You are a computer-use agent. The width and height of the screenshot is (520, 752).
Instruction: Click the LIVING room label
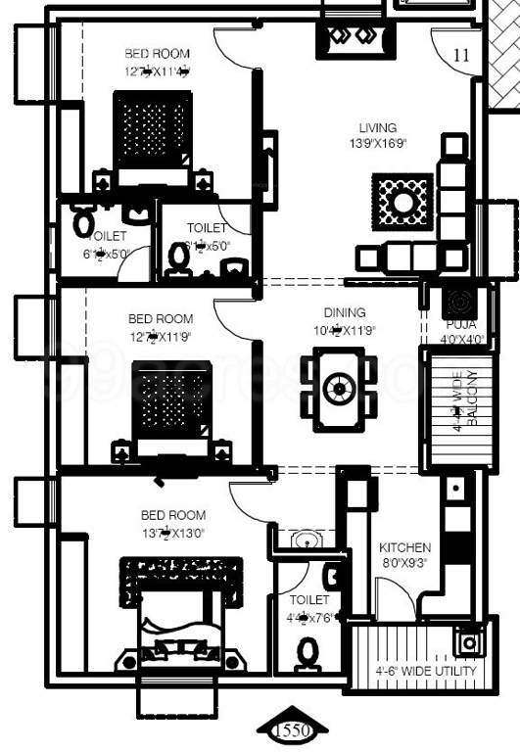(x=378, y=128)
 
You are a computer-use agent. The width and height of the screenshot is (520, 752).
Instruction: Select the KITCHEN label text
(x=405, y=547)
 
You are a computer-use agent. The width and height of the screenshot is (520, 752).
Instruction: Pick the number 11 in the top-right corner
(x=461, y=57)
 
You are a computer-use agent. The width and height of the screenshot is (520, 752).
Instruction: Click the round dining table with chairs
(x=339, y=388)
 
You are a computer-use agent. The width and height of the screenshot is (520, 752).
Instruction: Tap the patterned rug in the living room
(x=402, y=202)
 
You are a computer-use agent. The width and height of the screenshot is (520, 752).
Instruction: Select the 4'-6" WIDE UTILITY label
(x=427, y=671)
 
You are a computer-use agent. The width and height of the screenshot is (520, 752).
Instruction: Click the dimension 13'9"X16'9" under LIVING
(x=378, y=143)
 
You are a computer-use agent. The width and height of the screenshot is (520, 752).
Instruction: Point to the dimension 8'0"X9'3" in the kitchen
(x=405, y=563)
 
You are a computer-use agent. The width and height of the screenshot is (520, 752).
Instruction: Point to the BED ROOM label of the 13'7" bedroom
(x=173, y=515)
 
